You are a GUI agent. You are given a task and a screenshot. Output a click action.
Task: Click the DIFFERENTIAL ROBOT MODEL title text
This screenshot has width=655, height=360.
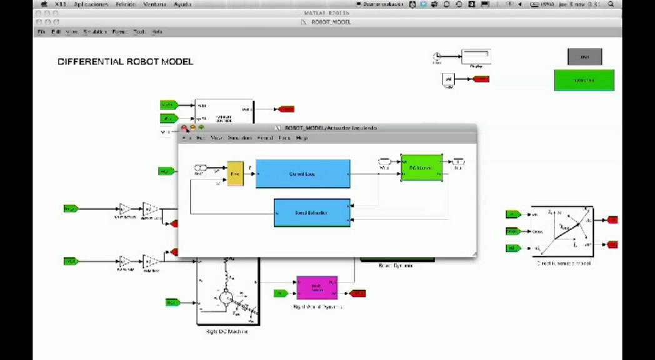coord(125,62)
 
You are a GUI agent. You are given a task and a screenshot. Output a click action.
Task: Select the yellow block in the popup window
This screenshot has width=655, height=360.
coord(235,174)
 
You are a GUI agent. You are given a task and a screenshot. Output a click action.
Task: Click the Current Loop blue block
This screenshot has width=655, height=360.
coord(302,174)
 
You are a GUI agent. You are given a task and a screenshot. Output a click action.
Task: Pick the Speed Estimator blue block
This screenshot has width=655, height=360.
coord(312,212)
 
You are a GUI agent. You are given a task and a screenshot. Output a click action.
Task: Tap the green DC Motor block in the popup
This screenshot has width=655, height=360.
coord(421,167)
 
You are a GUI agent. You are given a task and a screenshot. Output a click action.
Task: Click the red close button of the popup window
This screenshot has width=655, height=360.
coord(184,128)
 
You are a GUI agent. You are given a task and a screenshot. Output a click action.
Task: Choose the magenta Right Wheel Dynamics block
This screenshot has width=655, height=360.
coord(317,288)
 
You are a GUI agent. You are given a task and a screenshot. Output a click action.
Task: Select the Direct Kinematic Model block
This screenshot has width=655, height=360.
coord(562,231)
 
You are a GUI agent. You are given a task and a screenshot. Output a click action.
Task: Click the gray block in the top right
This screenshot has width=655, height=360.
coord(584,57)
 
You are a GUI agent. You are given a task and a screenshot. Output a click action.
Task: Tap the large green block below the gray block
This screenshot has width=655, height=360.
coord(584,80)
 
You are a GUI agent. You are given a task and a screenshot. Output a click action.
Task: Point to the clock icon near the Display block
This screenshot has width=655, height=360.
coord(437,57)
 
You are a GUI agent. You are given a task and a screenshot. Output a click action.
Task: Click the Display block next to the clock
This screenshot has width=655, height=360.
coord(476,57)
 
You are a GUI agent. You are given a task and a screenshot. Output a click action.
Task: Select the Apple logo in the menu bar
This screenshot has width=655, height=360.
coord(44,4)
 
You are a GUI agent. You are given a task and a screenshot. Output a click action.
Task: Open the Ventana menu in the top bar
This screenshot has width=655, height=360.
coord(154,4)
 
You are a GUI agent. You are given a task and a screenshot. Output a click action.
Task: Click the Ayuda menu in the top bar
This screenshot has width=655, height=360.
coord(182,4)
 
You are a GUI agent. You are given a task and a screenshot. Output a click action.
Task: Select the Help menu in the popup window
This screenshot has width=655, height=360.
coord(302,137)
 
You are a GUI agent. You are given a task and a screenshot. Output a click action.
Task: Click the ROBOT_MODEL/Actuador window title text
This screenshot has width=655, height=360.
coord(331,128)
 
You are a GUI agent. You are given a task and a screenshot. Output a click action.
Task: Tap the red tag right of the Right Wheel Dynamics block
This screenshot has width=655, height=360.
coord(358,293)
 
